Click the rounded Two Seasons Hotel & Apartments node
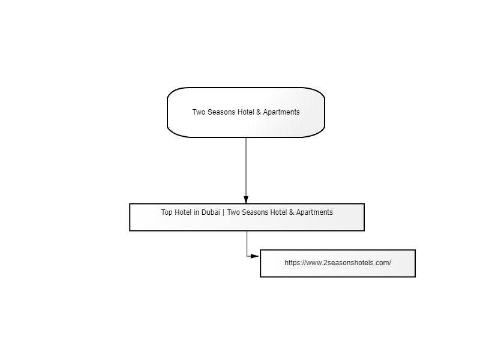[246, 112]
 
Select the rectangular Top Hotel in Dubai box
[247, 217]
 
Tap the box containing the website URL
[338, 263]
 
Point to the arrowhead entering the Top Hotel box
[246, 200]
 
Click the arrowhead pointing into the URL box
[255, 256]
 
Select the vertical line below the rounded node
[246, 167]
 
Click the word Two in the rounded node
[199, 112]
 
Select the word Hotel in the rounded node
[246, 112]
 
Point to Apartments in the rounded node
[281, 112]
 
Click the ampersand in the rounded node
[259, 112]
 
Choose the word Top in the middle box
[167, 212]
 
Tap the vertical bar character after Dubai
[223, 212]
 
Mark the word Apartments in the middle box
[314, 212]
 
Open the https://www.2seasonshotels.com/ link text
[338, 263]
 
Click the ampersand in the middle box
[292, 212]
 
